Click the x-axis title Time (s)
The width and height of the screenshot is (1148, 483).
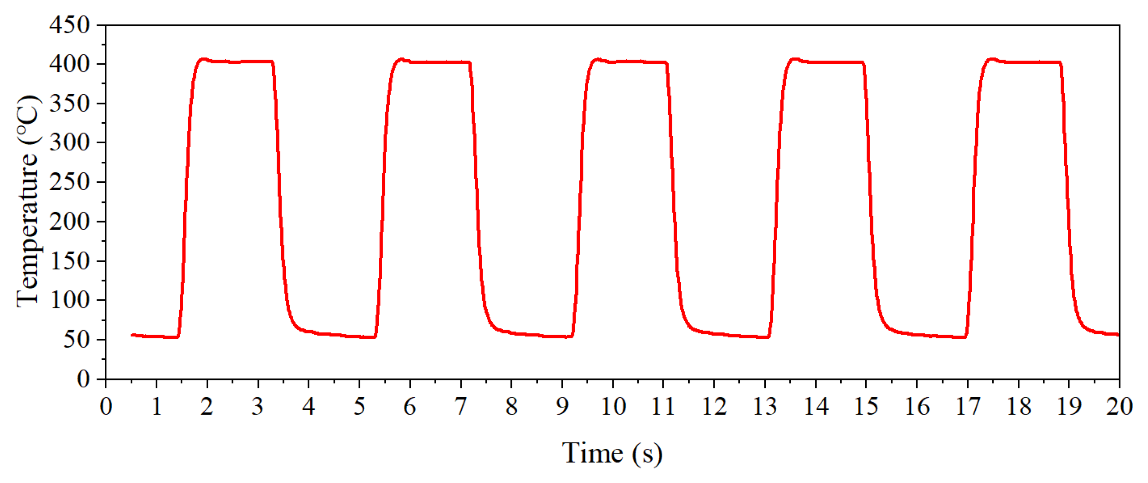click(612, 454)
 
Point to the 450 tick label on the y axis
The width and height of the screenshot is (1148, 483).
click(70, 25)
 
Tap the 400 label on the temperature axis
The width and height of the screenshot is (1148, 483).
click(70, 64)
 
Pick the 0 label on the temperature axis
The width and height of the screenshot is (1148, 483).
click(83, 379)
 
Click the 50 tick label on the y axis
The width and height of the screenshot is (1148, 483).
click(77, 340)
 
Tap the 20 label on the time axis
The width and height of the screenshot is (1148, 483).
click(1119, 406)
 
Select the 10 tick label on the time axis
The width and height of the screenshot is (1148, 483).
click(613, 406)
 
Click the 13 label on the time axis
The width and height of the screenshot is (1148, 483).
click(765, 406)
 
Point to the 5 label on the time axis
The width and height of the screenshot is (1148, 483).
click(359, 406)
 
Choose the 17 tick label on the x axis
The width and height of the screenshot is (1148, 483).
click(967, 406)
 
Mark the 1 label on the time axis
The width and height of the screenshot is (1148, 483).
click(156, 406)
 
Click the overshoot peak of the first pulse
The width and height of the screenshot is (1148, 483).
click(204, 59)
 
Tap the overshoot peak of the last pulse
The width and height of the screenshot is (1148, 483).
click(992, 59)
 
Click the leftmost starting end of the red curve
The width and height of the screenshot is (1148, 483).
click(132, 335)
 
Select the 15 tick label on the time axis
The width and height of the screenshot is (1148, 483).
click(866, 406)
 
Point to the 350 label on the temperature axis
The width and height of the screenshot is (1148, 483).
click(70, 103)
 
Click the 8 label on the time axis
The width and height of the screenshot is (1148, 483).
click(511, 406)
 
